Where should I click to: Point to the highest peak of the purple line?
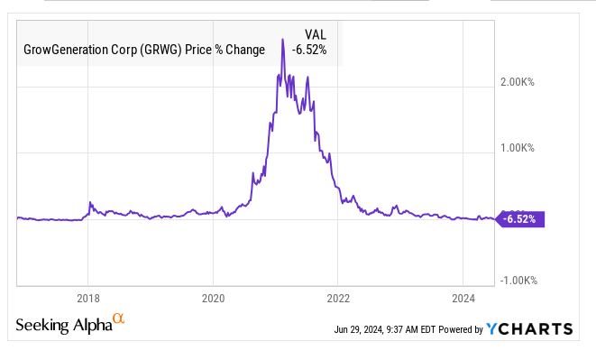pos(283,40)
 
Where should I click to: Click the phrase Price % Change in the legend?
pos(230,50)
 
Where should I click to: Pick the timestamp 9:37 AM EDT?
pos(412,330)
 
